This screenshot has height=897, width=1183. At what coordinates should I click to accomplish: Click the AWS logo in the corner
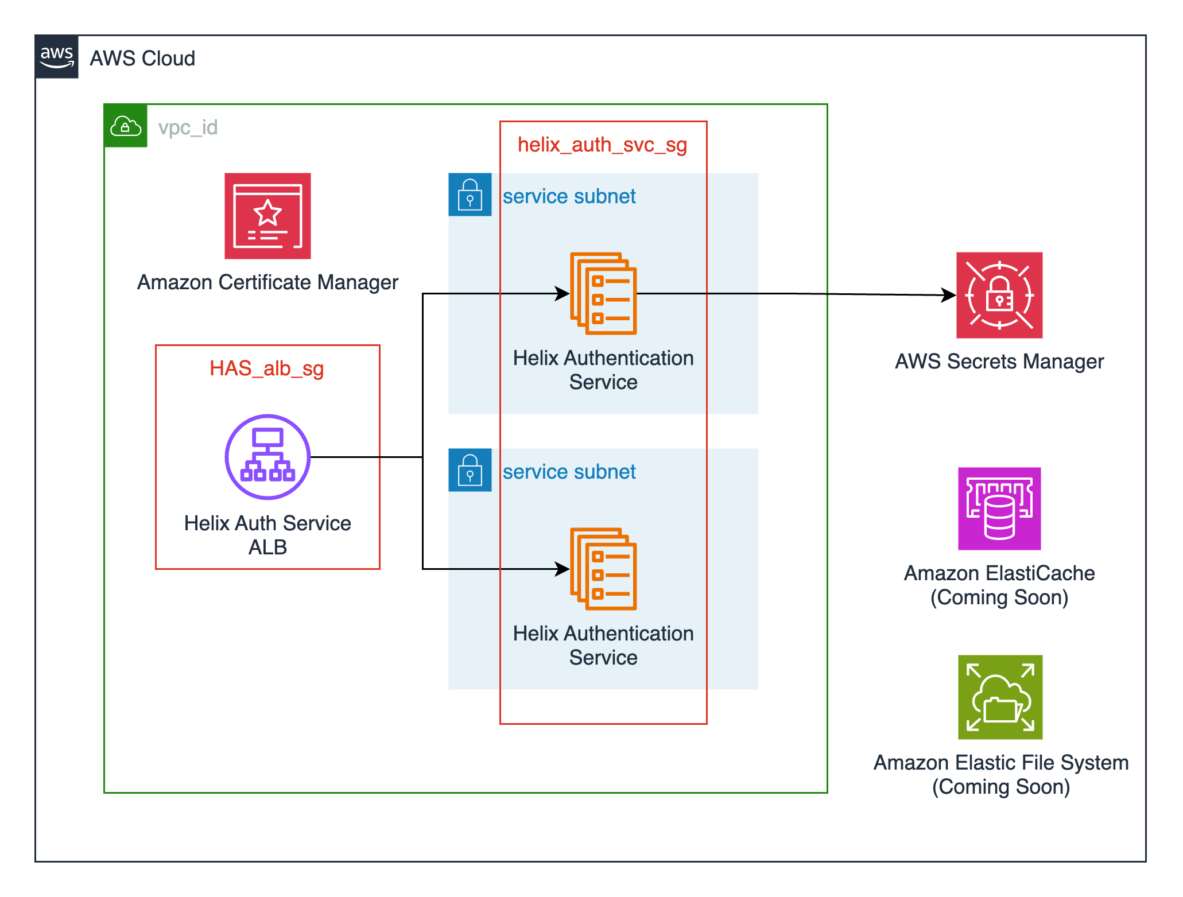coord(56,57)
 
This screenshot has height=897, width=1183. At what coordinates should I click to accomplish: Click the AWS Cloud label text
coord(142,59)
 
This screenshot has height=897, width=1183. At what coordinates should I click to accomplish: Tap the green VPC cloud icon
coord(126,126)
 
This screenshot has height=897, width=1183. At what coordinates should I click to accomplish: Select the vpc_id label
coord(188,127)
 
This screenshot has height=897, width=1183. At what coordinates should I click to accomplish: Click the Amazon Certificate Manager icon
coord(267,216)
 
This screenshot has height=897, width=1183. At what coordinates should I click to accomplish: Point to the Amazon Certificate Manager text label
coord(267,282)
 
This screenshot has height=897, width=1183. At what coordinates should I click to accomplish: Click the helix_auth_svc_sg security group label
coord(602,145)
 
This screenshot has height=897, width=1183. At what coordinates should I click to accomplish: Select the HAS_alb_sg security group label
coord(267,368)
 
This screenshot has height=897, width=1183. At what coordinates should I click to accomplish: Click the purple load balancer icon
coord(267,457)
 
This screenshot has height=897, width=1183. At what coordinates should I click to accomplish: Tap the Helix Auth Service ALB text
coord(267,535)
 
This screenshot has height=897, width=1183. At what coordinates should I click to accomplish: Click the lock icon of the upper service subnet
coord(470,195)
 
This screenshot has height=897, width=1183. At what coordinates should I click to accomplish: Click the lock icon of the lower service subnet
coord(470,470)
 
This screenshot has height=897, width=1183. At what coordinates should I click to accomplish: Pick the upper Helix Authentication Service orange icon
coord(603,293)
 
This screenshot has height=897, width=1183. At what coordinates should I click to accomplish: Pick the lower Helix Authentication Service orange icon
coord(603,569)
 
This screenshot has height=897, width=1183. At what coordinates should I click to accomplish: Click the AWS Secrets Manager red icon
coord(999,295)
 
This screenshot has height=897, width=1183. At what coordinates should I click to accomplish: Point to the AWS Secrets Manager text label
coord(999,362)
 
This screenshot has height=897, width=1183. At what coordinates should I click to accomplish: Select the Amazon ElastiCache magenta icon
coord(999,508)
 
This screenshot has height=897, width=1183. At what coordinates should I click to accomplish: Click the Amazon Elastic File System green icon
coord(1000,697)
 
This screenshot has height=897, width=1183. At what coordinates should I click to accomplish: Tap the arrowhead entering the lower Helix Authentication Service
coord(563,569)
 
